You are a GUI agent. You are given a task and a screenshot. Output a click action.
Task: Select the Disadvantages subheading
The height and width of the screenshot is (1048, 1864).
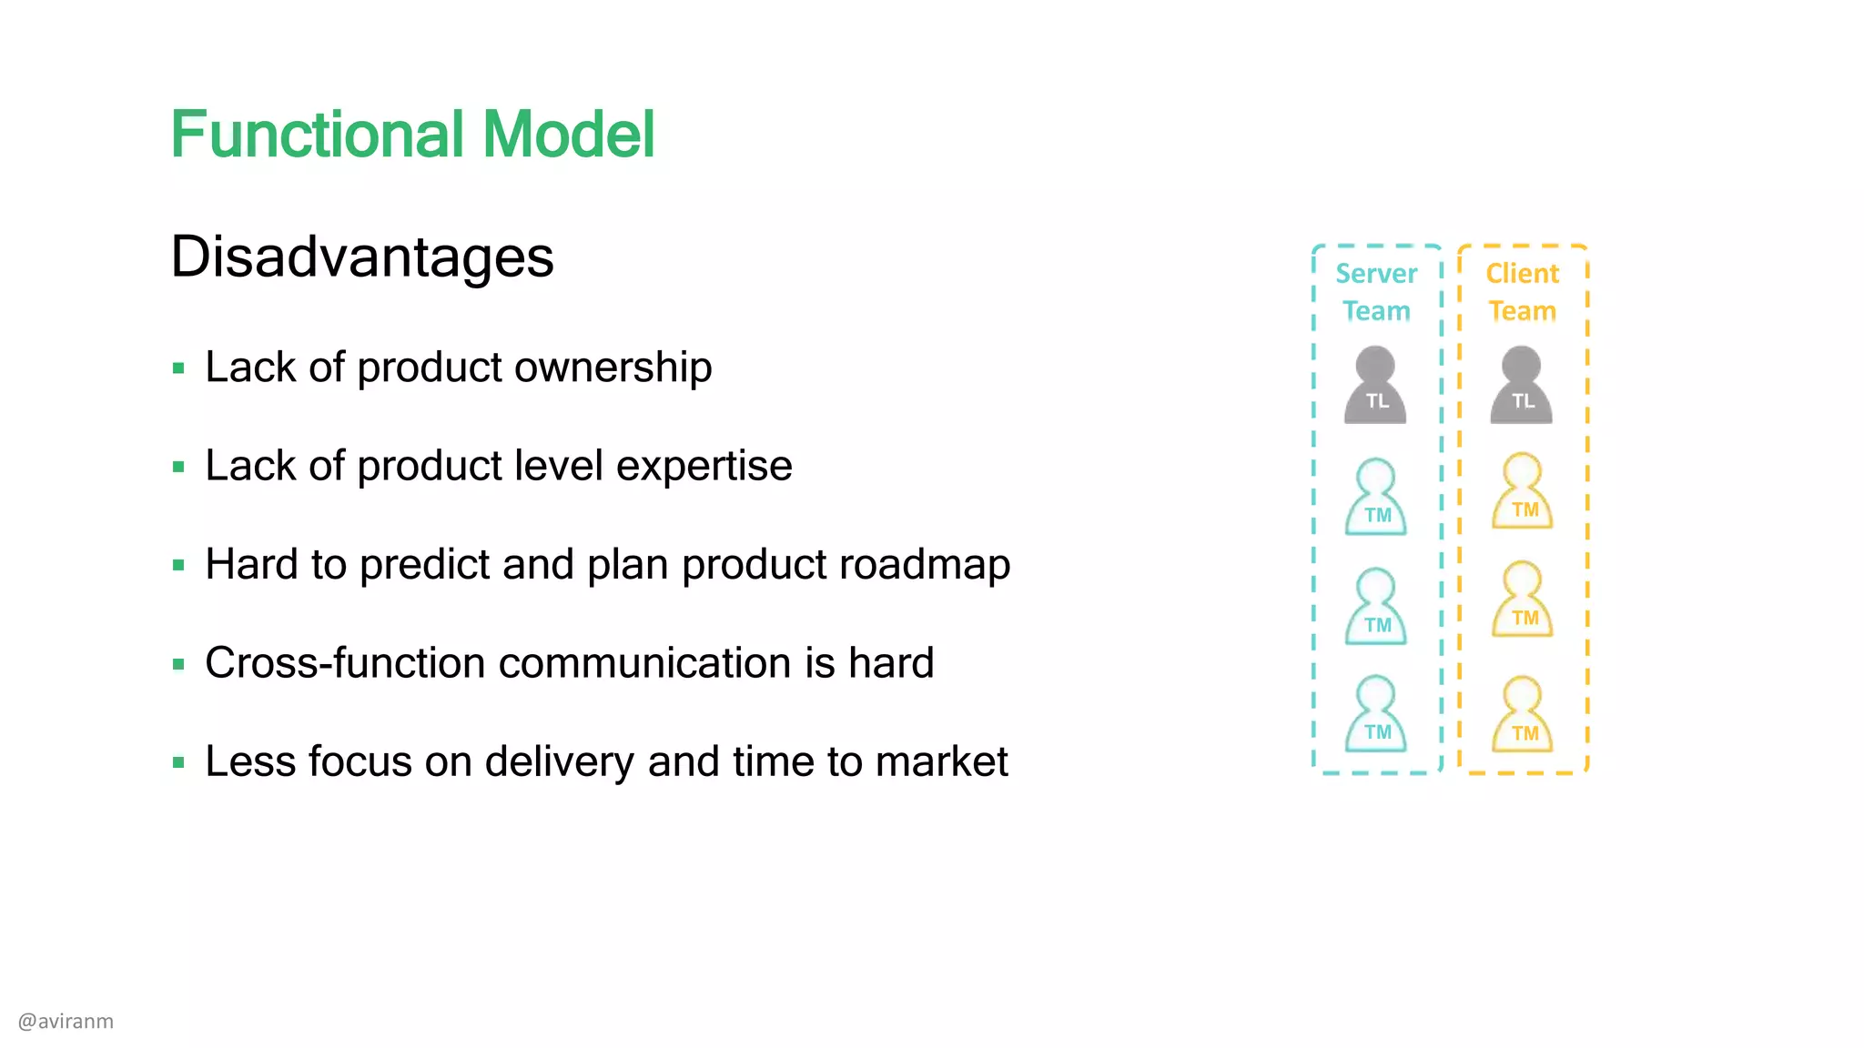tap(362, 257)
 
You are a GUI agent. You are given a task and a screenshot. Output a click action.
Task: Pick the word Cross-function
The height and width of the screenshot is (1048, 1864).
tap(346, 662)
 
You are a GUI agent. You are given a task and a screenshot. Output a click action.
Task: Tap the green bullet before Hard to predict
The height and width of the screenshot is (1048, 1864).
tap(178, 566)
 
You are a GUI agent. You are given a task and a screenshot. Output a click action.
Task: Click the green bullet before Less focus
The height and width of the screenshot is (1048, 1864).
tap(178, 762)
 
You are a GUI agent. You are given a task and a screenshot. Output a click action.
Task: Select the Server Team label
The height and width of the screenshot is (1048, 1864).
tap(1376, 292)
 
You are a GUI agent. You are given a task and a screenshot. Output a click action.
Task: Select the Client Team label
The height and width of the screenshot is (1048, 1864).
tap(1522, 292)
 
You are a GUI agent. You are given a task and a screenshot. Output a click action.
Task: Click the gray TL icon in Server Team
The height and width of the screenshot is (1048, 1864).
tap(1375, 386)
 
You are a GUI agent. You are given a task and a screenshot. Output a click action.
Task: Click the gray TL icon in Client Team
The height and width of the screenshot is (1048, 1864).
tap(1521, 386)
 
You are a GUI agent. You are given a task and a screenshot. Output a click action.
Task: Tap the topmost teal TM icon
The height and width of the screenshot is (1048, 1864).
tap(1375, 497)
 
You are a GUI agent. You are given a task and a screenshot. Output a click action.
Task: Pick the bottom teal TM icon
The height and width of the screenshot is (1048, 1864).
tap(1375, 714)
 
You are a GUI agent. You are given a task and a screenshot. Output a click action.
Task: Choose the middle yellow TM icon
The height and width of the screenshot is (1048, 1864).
tap(1522, 600)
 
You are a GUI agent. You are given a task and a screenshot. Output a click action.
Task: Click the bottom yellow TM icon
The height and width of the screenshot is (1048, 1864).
tap(1522, 715)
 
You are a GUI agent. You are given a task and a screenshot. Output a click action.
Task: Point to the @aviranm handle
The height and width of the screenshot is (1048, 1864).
tap(66, 1022)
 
